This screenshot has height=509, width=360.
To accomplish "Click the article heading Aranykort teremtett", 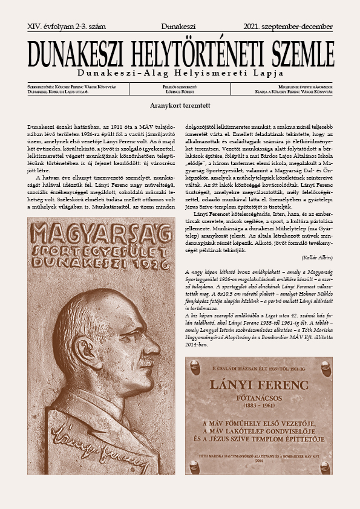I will tap(180, 105).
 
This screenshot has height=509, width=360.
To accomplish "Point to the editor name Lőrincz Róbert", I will tap(180, 92).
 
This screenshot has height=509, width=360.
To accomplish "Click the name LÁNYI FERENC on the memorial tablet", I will tap(258, 384).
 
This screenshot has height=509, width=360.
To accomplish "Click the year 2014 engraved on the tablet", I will tap(258, 461).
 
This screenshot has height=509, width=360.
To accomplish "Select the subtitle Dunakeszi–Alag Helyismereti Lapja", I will tap(180, 74).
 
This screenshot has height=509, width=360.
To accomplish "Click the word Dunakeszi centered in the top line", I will tap(180, 27).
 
